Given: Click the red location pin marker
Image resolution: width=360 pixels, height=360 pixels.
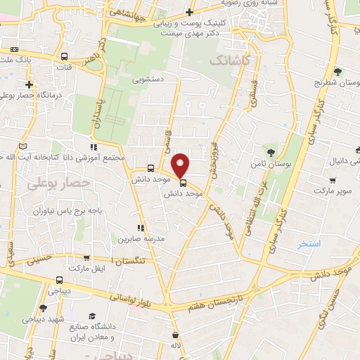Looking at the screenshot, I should point(181,165).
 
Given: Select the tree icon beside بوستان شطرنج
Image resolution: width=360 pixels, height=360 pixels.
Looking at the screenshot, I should point(337,71).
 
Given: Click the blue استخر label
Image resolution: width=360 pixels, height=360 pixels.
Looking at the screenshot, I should point(309,244).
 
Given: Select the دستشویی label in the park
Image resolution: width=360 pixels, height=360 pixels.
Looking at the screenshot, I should point(148,79).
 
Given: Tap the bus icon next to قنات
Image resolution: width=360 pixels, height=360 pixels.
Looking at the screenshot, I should point(65,57).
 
